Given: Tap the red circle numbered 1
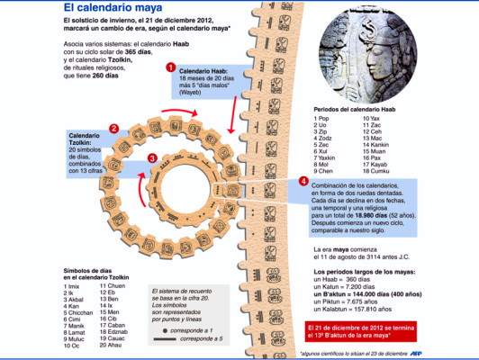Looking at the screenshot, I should pos(170,67).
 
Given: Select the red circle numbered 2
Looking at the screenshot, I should pos(113,129).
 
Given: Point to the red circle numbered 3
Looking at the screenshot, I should pos(152,158).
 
